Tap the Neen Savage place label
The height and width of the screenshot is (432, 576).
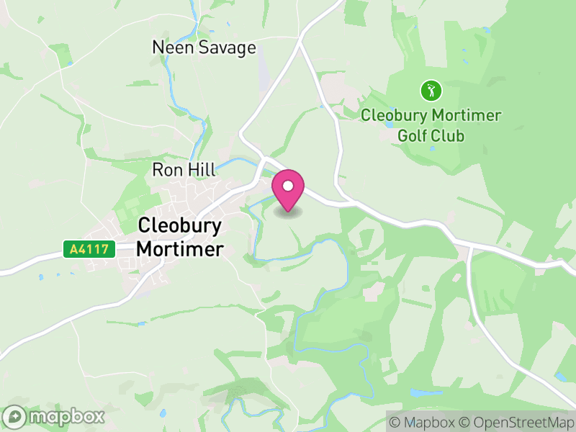(x=204, y=48)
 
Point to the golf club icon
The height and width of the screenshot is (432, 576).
(x=431, y=91)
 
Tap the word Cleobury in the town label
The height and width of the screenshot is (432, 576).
(x=179, y=225)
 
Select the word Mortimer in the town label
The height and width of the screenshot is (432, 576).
(x=179, y=249)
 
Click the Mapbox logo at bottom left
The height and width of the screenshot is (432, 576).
(x=55, y=416)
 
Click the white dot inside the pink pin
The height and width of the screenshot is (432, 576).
(x=288, y=186)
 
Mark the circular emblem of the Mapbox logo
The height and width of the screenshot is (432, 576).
(x=14, y=416)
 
